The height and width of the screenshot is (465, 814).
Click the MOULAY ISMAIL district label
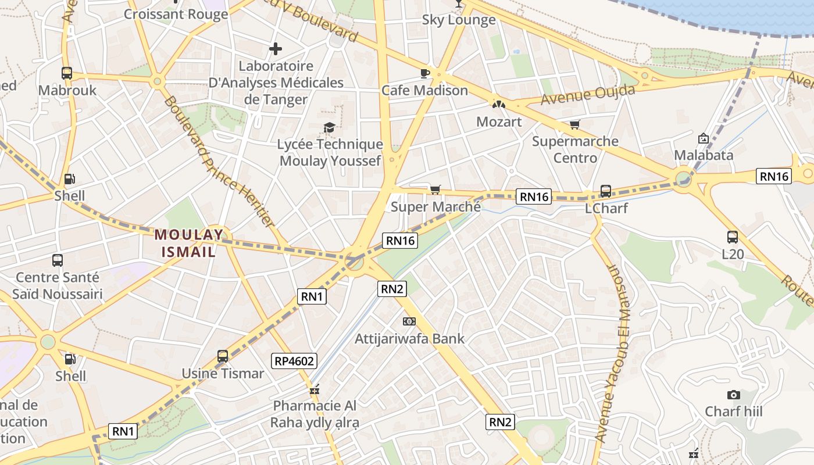coord(189,244)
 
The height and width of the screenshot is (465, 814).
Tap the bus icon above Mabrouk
coord(67,73)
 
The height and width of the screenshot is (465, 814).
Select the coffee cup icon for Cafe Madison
coord(424,73)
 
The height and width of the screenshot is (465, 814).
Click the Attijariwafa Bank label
coord(409,338)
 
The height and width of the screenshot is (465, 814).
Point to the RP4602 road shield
coord(294,361)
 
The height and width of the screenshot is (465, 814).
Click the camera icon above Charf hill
coord(734,395)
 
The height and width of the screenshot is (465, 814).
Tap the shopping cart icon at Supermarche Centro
coord(574,124)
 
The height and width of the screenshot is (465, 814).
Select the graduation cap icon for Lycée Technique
coord(330,127)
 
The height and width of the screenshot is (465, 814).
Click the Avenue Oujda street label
coord(587,95)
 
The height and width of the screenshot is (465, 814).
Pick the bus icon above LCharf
coord(605,191)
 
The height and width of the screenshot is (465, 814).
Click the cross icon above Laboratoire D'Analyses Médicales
coord(276,49)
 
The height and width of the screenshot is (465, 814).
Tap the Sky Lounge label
coord(459,20)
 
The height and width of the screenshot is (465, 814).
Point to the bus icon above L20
coord(732,237)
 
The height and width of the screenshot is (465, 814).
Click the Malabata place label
coord(704,155)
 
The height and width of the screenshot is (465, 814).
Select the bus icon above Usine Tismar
coord(223,356)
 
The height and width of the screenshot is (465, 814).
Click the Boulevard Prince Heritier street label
coord(218,162)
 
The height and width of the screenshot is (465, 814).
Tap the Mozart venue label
coord(499,122)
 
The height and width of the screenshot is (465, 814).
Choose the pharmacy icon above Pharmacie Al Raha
coord(315,389)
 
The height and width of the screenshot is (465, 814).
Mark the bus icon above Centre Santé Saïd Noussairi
coord(57,260)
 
